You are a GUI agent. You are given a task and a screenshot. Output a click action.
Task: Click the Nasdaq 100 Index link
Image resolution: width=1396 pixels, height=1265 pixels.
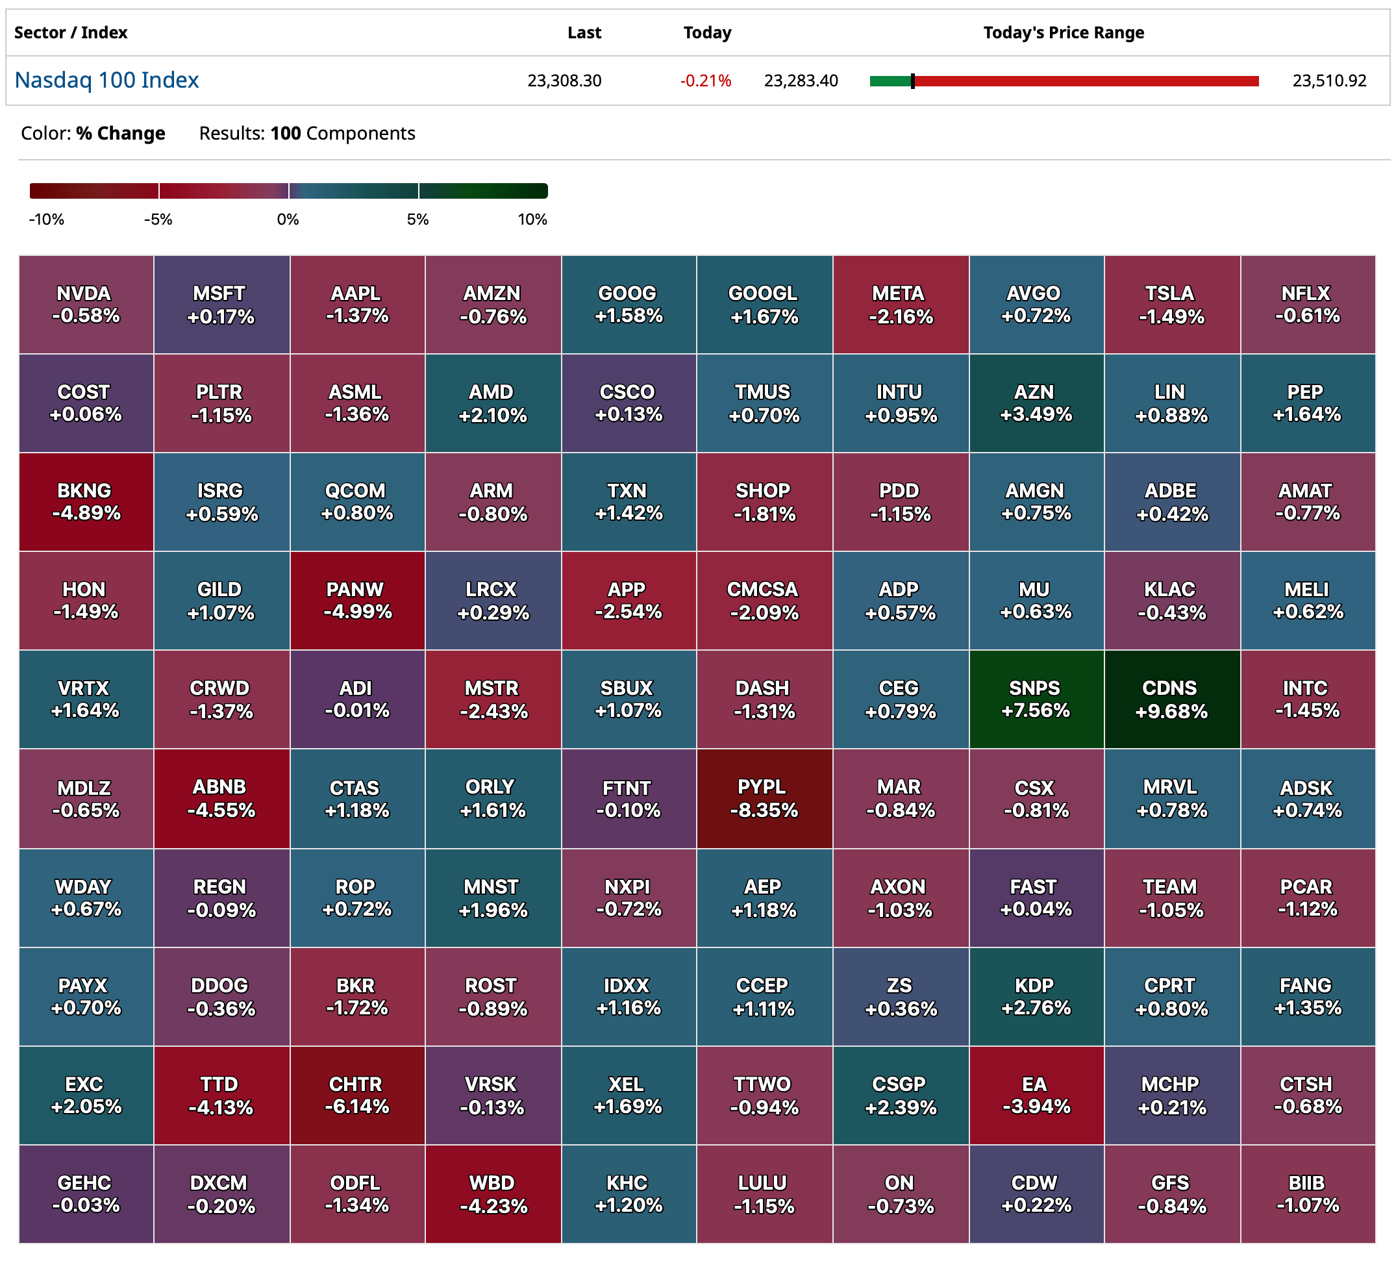106,81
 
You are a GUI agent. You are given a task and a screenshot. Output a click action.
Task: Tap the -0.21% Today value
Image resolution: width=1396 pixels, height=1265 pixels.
705,81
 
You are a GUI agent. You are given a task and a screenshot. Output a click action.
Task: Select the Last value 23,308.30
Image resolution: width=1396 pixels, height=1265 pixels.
564,81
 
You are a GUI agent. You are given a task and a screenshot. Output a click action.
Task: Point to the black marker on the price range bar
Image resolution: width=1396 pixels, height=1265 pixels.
913,81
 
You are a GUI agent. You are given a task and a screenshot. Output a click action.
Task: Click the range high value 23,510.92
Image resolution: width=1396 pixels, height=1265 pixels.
1329,81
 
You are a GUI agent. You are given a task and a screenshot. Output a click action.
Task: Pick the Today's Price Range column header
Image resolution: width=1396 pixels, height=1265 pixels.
1063,32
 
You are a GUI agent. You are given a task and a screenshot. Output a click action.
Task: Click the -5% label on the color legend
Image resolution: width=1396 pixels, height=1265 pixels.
158,219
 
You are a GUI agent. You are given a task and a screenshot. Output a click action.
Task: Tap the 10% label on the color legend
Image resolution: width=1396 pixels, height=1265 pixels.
532,219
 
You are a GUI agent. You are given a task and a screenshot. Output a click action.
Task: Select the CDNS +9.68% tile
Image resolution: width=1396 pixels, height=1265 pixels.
1171,699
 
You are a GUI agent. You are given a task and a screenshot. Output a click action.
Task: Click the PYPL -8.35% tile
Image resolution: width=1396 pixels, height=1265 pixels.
764,798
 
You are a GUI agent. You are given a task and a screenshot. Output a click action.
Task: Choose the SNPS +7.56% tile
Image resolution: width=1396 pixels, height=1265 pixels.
1035,699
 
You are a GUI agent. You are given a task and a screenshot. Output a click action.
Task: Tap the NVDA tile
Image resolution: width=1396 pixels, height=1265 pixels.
86,305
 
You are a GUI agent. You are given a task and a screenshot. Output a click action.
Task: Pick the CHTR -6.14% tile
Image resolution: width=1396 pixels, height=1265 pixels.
356,1095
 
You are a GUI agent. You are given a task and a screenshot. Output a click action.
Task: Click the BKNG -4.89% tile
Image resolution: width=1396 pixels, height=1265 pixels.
86,502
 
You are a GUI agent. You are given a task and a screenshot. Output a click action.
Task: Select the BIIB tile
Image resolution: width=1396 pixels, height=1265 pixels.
1306,1194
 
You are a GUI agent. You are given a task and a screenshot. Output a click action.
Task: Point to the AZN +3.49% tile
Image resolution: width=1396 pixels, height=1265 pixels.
1035,403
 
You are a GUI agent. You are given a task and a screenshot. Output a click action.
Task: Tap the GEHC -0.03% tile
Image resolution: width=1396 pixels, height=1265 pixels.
86,1194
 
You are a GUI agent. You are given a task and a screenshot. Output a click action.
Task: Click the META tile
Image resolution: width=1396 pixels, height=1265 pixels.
899,305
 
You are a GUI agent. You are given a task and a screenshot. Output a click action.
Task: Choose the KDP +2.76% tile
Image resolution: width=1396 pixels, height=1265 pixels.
1035,996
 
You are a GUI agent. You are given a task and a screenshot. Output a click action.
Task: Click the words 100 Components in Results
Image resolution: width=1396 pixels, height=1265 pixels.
342,133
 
